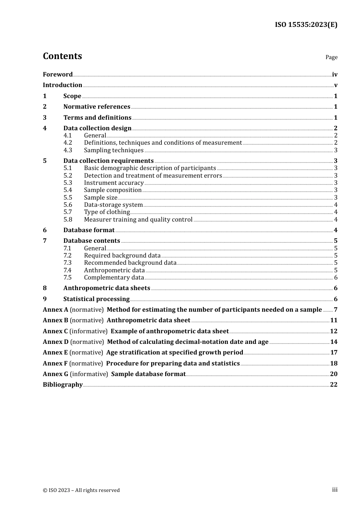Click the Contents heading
point(62,56)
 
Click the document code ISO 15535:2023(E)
point(306,25)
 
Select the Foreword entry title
point(58,74)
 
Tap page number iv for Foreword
point(335,74)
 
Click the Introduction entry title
point(63,85)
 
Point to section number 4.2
point(67,143)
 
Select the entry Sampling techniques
point(114,150)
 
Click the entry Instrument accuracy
point(114,183)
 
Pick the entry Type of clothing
point(107,212)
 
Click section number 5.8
point(67,219)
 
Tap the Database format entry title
point(89,230)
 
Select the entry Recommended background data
point(130,262)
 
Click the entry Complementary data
point(114,277)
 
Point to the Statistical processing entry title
point(96,299)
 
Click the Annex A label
point(55,309)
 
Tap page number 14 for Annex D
point(333,342)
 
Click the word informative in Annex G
point(89,374)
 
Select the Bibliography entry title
point(63,384)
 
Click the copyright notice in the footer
point(81,490)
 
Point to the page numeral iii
point(335,490)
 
